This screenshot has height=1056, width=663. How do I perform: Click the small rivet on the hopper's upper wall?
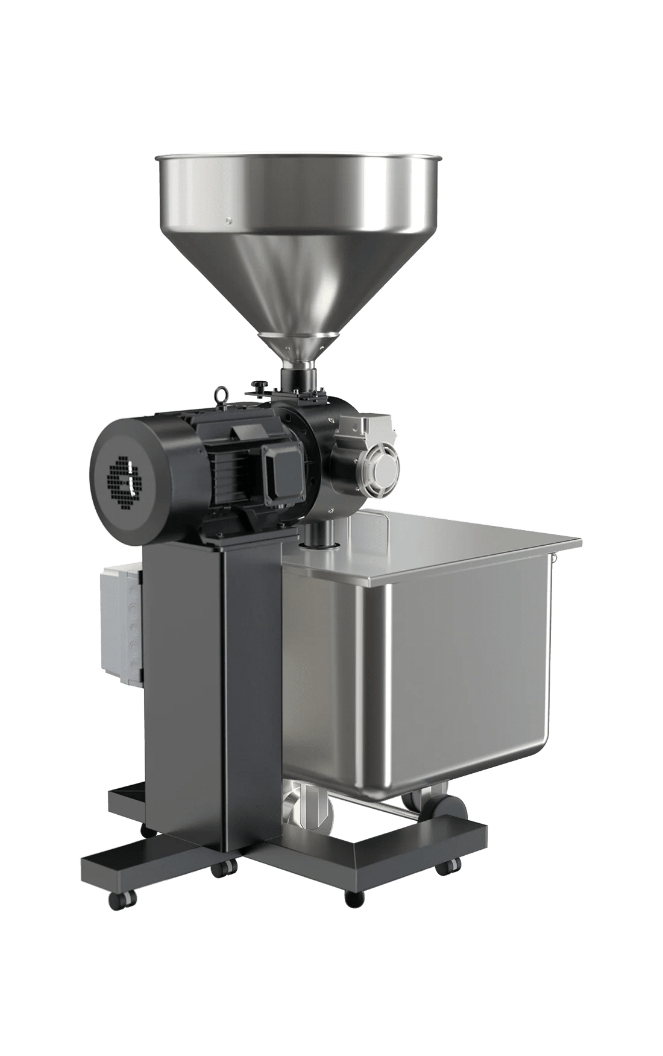coord(228,220)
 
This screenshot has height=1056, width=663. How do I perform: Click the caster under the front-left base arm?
coord(115,900)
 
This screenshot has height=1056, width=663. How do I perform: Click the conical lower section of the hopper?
coord(295,283)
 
